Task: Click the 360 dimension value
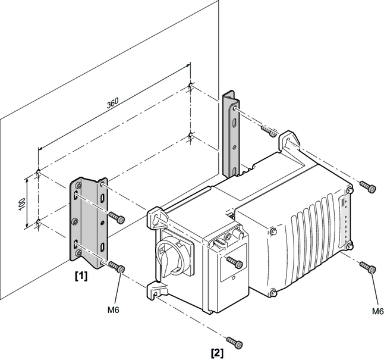coord(112,102)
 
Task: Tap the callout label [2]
coord(216,351)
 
